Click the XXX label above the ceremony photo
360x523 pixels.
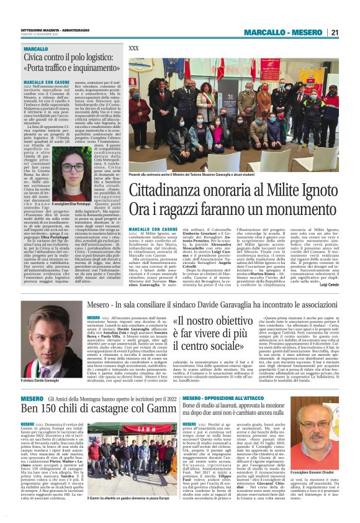click(x=133, y=48)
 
